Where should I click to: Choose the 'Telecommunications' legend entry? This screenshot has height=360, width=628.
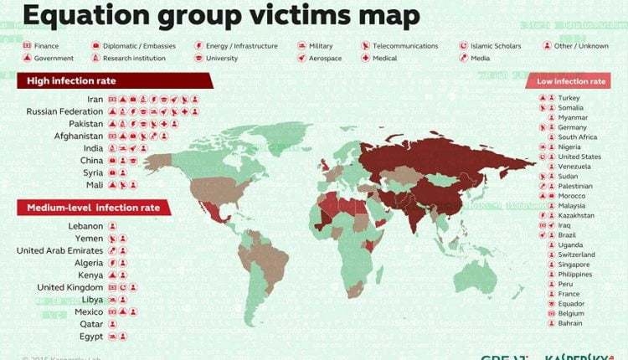(x=405, y=46)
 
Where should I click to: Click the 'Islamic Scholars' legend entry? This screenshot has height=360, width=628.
(x=496, y=46)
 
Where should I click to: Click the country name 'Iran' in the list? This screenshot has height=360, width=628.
(x=95, y=100)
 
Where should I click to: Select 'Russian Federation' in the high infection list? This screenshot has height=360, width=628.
(x=64, y=111)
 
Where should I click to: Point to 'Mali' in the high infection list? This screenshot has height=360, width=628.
(x=95, y=184)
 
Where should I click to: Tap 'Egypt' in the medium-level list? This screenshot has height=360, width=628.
(x=90, y=336)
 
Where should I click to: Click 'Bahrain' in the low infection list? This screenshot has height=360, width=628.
(x=572, y=323)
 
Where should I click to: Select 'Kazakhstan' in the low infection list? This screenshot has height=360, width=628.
(x=577, y=215)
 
